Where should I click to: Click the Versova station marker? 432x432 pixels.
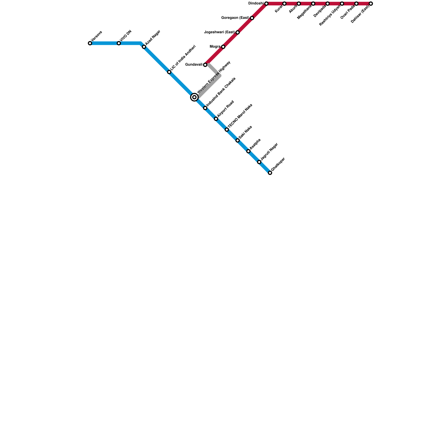coord(90,43)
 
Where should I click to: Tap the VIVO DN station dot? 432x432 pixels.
coord(119,43)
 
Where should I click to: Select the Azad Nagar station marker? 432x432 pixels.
coord(144,47)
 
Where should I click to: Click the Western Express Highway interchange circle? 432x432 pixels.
coord(194,97)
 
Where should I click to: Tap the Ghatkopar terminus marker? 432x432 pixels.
coord(270,173)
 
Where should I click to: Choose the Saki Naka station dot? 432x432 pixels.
coord(238,140)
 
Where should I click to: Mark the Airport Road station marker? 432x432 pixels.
coord(216,119)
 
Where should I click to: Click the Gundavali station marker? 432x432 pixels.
coord(205,65)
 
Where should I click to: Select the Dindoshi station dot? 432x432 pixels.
coord(266,4)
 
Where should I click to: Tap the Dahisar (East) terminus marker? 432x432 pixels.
coord(371,4)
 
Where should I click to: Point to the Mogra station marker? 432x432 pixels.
coord(223,47)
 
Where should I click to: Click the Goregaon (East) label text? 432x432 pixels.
coord(235,18)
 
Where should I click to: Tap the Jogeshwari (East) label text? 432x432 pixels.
coord(219,32)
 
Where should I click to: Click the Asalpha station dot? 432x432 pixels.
coord(248,151)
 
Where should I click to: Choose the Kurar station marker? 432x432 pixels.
coord(284,4)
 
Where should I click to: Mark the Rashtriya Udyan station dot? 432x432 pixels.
coord(342,4)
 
